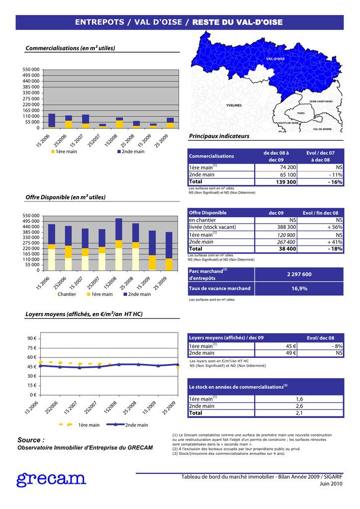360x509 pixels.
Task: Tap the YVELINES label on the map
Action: [234, 105]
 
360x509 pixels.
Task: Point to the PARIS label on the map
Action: [301, 113]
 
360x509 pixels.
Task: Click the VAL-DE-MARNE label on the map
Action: [323, 129]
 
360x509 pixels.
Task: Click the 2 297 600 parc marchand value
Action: [299, 274]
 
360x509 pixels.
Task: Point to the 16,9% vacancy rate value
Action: [299, 288]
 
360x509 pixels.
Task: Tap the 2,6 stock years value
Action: [299, 406]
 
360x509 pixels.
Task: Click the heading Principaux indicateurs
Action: [219, 136]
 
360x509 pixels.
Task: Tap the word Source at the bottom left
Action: [31, 440]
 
